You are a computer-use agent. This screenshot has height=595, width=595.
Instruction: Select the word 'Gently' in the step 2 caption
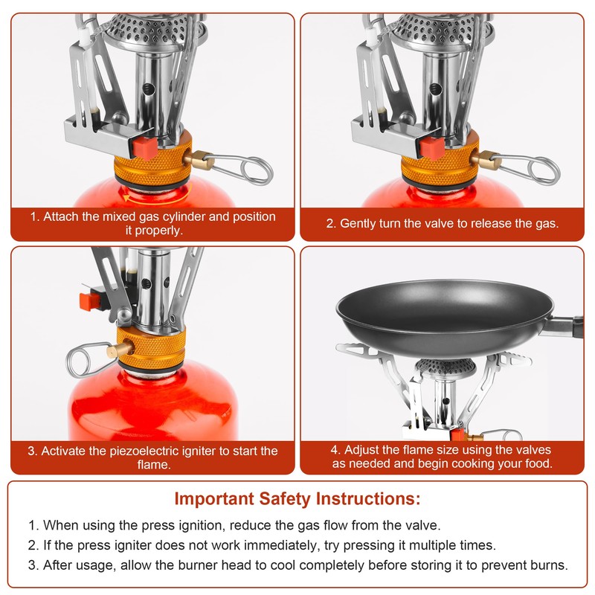358,224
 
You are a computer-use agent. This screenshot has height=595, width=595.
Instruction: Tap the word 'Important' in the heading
214,498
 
